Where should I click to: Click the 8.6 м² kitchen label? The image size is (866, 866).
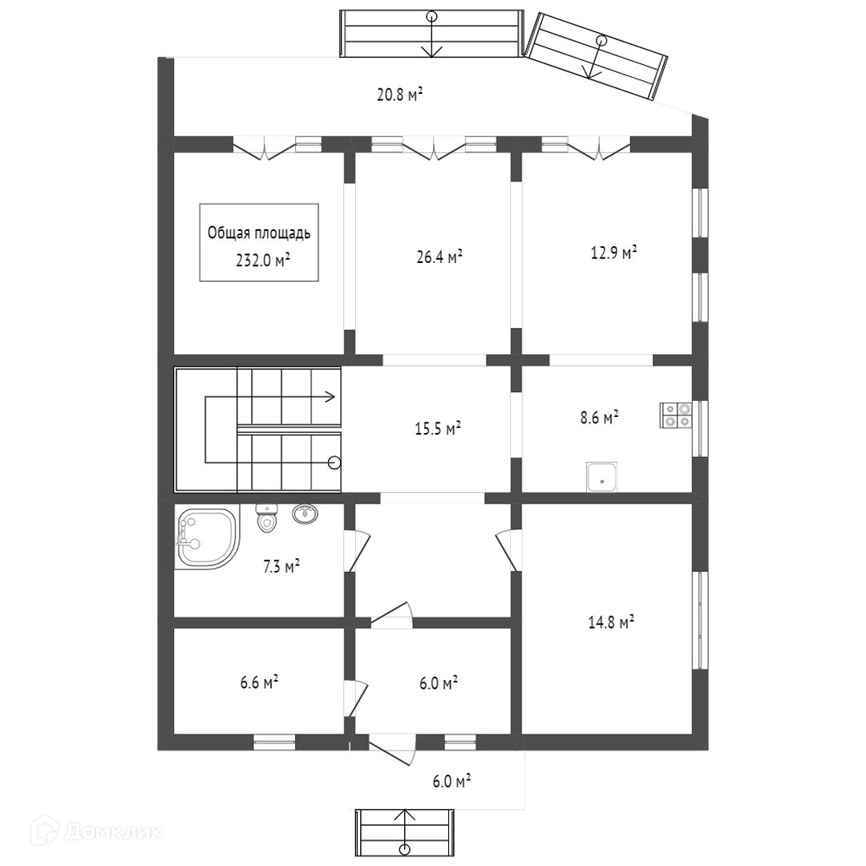click(x=599, y=418)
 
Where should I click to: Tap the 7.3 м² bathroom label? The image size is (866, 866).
click(x=281, y=568)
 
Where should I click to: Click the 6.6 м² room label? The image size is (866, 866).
click(x=259, y=682)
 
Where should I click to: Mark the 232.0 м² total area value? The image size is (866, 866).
click(x=259, y=259)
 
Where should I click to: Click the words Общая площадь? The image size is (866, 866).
click(x=259, y=234)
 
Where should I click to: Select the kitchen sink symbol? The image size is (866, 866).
click(x=601, y=476)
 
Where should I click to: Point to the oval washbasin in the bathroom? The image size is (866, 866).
click(x=305, y=514)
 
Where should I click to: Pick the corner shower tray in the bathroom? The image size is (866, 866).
click(x=205, y=539)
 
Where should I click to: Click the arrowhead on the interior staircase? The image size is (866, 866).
click(x=330, y=395)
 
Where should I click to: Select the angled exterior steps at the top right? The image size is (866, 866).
click(x=597, y=56)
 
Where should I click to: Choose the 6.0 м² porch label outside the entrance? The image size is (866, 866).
click(x=451, y=780)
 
